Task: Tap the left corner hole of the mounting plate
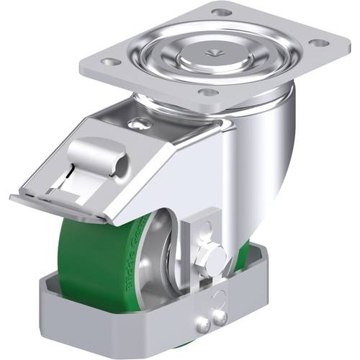pos(111,61)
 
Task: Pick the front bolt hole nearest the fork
pos(207,92)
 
